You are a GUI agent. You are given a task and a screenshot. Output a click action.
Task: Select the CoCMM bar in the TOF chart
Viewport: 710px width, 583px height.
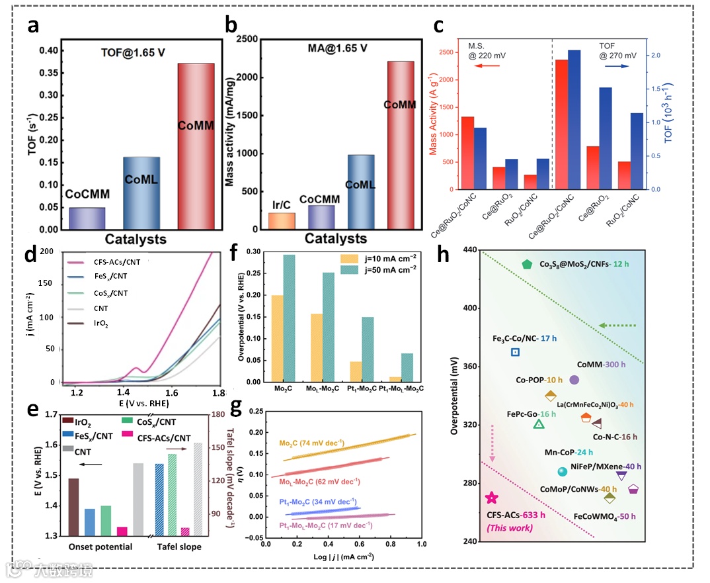tap(87, 218)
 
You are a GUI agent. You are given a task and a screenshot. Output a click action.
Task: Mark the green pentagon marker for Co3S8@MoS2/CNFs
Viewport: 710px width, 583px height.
tap(526, 264)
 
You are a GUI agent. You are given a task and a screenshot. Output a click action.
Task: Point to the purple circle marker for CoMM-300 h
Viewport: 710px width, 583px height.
tap(574, 380)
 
